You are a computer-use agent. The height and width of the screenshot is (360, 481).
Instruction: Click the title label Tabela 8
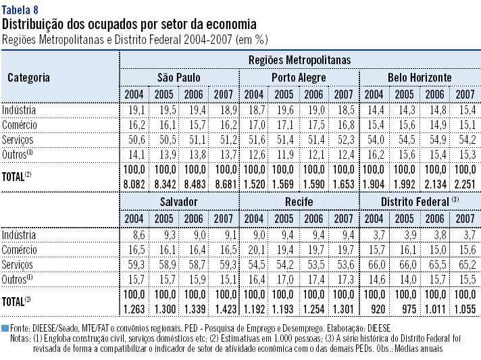click(x=20, y=9)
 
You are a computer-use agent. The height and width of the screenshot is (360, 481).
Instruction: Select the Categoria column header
click(x=28, y=77)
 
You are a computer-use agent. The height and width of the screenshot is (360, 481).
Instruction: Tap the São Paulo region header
click(x=178, y=77)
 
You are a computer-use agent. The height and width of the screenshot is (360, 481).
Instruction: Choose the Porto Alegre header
click(x=299, y=77)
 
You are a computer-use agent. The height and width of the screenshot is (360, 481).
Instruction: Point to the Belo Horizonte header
click(x=420, y=77)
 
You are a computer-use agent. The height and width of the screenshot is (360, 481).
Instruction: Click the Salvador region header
click(x=178, y=202)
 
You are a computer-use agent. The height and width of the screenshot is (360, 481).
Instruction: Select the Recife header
click(x=299, y=202)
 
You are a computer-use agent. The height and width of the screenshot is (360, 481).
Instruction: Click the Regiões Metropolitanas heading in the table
click(x=300, y=60)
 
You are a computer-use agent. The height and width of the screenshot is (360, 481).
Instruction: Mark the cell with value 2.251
click(x=464, y=183)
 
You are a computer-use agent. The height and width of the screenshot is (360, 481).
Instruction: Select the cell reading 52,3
click(x=343, y=139)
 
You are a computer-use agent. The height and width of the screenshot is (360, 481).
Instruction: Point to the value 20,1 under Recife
click(x=254, y=249)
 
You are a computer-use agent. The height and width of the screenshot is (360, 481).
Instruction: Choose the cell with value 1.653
click(x=343, y=183)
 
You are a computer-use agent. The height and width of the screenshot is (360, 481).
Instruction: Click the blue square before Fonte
click(x=5, y=328)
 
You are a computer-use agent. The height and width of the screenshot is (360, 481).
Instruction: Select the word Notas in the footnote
click(x=21, y=338)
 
